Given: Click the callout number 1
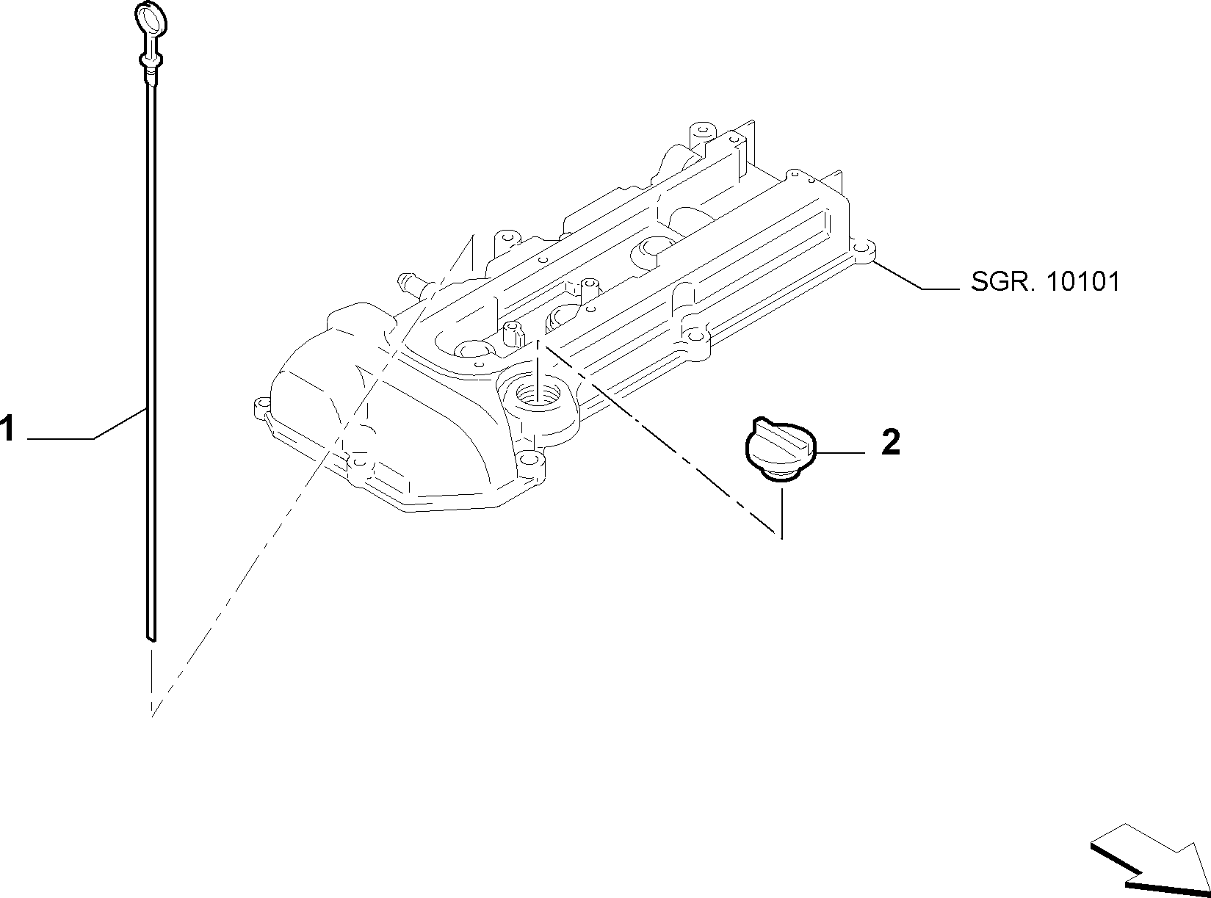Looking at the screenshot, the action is pyautogui.click(x=7, y=429).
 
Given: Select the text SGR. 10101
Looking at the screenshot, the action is pyautogui.click(x=1045, y=282).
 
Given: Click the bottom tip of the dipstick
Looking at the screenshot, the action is pyautogui.click(x=152, y=638).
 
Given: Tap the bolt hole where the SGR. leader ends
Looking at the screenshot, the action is pyautogui.click(x=861, y=251).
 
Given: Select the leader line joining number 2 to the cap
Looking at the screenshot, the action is pyautogui.click(x=841, y=452).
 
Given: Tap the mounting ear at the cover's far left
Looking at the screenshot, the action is pyautogui.click(x=261, y=407).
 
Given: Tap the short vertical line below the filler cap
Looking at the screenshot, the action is pyautogui.click(x=782, y=514).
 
